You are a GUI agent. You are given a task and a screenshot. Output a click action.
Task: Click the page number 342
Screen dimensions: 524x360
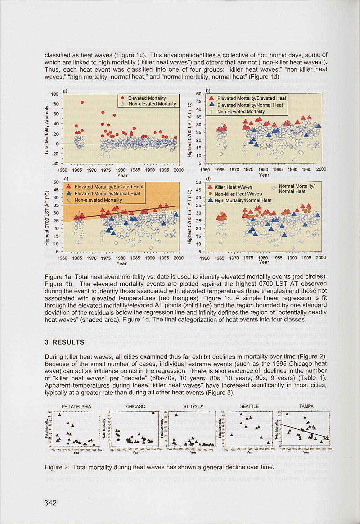50,503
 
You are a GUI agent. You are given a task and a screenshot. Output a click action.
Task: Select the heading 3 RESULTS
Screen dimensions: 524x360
64,342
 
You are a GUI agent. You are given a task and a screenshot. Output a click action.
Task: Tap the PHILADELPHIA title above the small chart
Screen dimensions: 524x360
76,407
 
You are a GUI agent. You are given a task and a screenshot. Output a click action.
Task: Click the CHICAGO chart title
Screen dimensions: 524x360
136,407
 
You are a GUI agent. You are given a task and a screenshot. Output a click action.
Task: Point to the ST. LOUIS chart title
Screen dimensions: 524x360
193,407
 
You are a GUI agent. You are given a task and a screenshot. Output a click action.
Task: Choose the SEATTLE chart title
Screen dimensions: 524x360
249,406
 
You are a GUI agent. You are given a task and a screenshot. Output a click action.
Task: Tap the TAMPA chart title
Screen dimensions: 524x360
306,406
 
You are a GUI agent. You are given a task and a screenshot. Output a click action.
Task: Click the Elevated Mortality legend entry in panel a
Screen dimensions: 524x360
147,98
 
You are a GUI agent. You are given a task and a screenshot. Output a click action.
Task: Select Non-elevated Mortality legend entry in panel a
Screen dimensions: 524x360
152,104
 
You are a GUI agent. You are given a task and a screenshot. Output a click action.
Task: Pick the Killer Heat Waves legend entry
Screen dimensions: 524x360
233,187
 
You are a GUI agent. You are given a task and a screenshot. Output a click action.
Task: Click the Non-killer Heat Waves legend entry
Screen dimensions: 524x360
238,194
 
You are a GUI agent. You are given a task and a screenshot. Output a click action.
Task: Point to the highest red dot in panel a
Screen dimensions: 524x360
82,102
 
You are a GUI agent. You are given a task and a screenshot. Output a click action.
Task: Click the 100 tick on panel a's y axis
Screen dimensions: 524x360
55,94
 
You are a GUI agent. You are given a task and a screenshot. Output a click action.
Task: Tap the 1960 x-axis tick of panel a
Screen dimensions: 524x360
63,170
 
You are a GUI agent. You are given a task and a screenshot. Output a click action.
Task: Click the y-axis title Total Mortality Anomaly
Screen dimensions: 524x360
47,130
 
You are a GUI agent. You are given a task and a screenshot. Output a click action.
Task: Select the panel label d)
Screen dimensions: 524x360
208,179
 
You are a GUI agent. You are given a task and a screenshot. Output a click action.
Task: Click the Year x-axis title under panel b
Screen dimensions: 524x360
264,175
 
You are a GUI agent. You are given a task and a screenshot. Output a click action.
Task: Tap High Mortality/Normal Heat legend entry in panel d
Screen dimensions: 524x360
243,200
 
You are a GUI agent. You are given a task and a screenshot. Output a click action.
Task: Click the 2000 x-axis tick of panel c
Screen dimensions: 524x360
179,258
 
